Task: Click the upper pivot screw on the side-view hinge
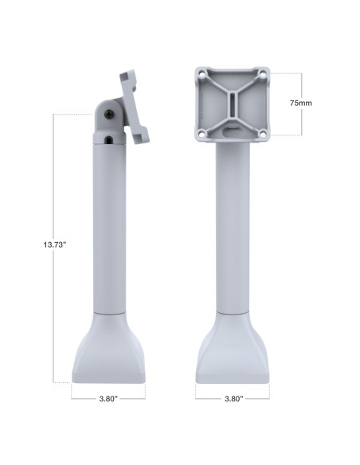[108, 116]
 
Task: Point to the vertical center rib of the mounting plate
[233, 104]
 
